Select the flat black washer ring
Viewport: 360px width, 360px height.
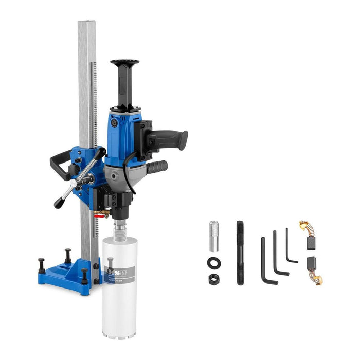[x=213, y=263]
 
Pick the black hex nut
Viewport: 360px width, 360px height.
[x=213, y=279]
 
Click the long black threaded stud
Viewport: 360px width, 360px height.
[x=240, y=253]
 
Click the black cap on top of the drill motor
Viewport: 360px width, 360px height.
[x=124, y=64]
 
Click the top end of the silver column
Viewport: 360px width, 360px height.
[x=87, y=26]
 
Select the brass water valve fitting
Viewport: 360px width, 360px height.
[x=104, y=212]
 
